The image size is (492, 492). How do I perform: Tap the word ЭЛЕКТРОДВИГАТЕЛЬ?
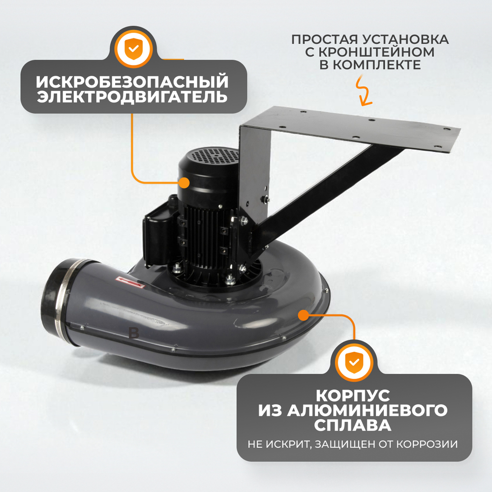pyautogui.click(x=132, y=96)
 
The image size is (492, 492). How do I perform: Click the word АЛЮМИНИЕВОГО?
pyautogui.click(x=354, y=410)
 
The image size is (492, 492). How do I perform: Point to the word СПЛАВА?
pyautogui.click(x=354, y=425)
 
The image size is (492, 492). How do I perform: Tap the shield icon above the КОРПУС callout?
pyautogui.click(x=354, y=363)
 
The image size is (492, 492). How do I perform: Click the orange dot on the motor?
pyautogui.click(x=184, y=183)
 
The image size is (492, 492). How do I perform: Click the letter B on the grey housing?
pyautogui.click(x=134, y=333)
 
